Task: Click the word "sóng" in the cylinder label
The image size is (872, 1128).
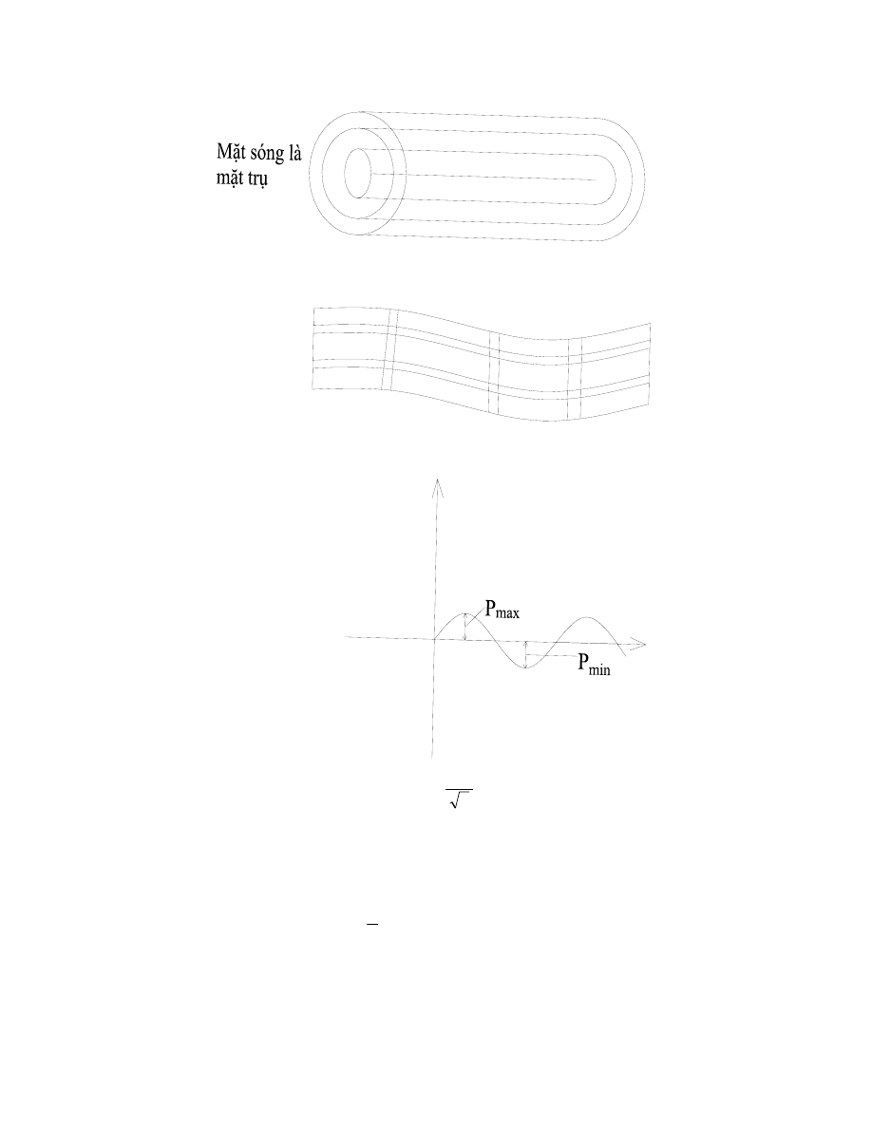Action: [x=263, y=154]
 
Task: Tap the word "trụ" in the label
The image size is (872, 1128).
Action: [x=255, y=177]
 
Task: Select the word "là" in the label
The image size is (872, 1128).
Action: [x=294, y=153]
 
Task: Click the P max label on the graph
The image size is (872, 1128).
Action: [x=502, y=610]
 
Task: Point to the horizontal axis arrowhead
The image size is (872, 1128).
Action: [x=638, y=643]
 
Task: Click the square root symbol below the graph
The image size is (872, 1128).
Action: [x=458, y=799]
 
